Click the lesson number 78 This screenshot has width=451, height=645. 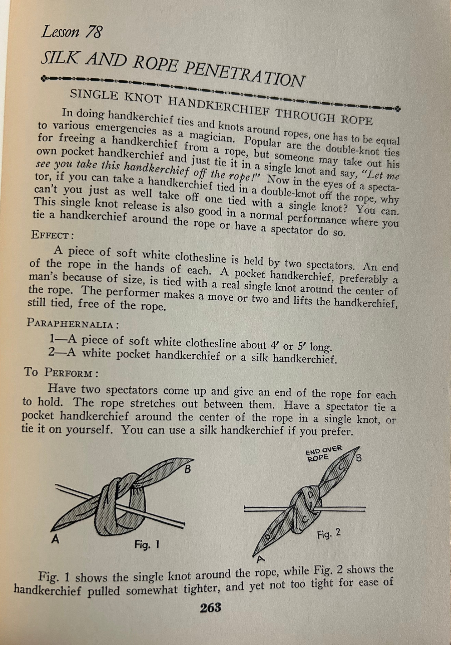pyautogui.click(x=93, y=32)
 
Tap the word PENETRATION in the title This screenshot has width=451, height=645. pyautogui.click(x=244, y=74)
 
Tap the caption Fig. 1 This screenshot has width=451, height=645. pyautogui.click(x=147, y=544)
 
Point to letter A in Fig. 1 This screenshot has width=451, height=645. pyautogui.click(x=55, y=539)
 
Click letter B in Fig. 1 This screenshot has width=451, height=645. pyautogui.click(x=187, y=469)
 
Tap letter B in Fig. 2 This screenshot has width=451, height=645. pyautogui.click(x=359, y=458)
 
